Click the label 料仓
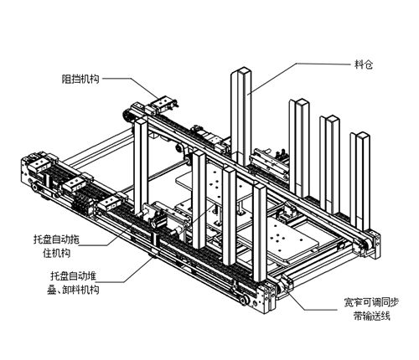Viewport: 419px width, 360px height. [x=364, y=65]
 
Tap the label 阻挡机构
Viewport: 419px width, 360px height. [x=80, y=79]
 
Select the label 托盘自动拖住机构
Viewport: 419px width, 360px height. [x=56, y=246]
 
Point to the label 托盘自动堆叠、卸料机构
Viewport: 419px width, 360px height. [x=73, y=283]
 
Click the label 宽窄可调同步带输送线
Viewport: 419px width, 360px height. [x=371, y=309]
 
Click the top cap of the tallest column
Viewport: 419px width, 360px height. [x=241, y=70]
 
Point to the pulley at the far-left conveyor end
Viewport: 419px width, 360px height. [x=35, y=187]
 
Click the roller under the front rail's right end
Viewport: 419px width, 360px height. [x=244, y=300]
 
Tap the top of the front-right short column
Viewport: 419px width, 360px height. [x=259, y=187]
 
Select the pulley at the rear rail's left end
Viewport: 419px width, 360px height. [x=127, y=115]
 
